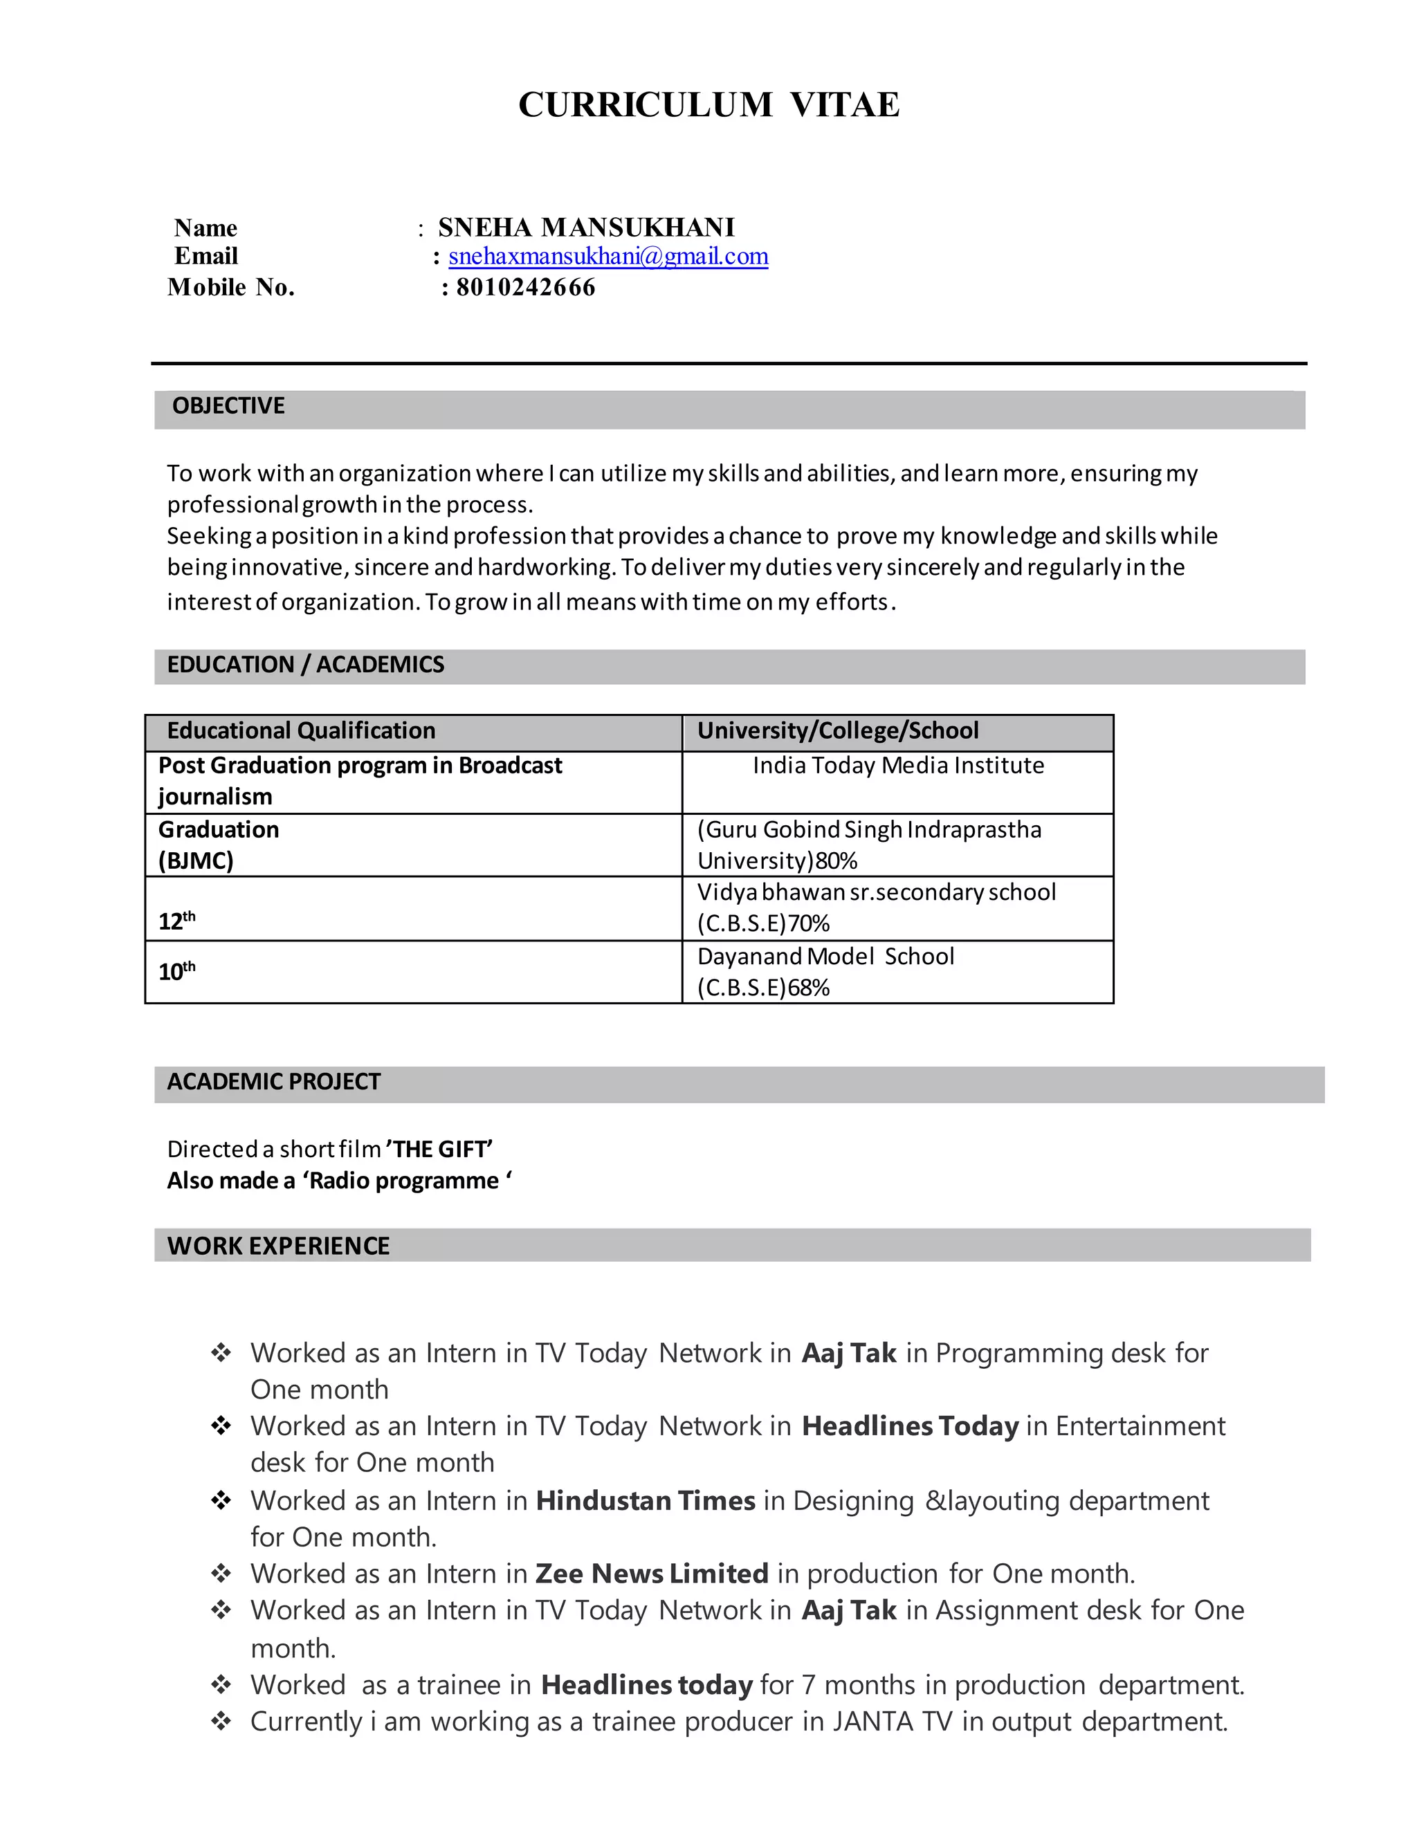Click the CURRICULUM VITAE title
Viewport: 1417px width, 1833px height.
tap(708, 105)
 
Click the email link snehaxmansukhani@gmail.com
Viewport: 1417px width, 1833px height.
tap(607, 256)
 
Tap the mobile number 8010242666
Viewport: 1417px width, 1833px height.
tap(526, 287)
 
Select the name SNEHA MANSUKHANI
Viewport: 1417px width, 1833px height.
tap(586, 228)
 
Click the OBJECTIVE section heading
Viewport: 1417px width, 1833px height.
tap(228, 406)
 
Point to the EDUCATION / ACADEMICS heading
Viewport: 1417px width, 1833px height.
tap(306, 665)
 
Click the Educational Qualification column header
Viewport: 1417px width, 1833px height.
tap(300, 731)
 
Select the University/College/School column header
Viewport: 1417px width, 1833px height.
tap(838, 731)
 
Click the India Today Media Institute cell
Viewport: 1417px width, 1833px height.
tap(897, 766)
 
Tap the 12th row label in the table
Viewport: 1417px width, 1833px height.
tap(176, 921)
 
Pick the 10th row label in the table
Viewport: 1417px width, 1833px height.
tap(176, 971)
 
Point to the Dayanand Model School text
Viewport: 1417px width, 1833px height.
tap(825, 957)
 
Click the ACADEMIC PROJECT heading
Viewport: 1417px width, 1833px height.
tap(274, 1082)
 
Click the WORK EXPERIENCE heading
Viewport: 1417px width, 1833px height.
tap(279, 1246)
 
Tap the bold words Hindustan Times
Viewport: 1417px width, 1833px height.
tap(645, 1501)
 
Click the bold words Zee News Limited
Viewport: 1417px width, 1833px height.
tap(651, 1574)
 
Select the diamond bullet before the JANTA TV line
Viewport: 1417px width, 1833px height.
tap(221, 1722)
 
